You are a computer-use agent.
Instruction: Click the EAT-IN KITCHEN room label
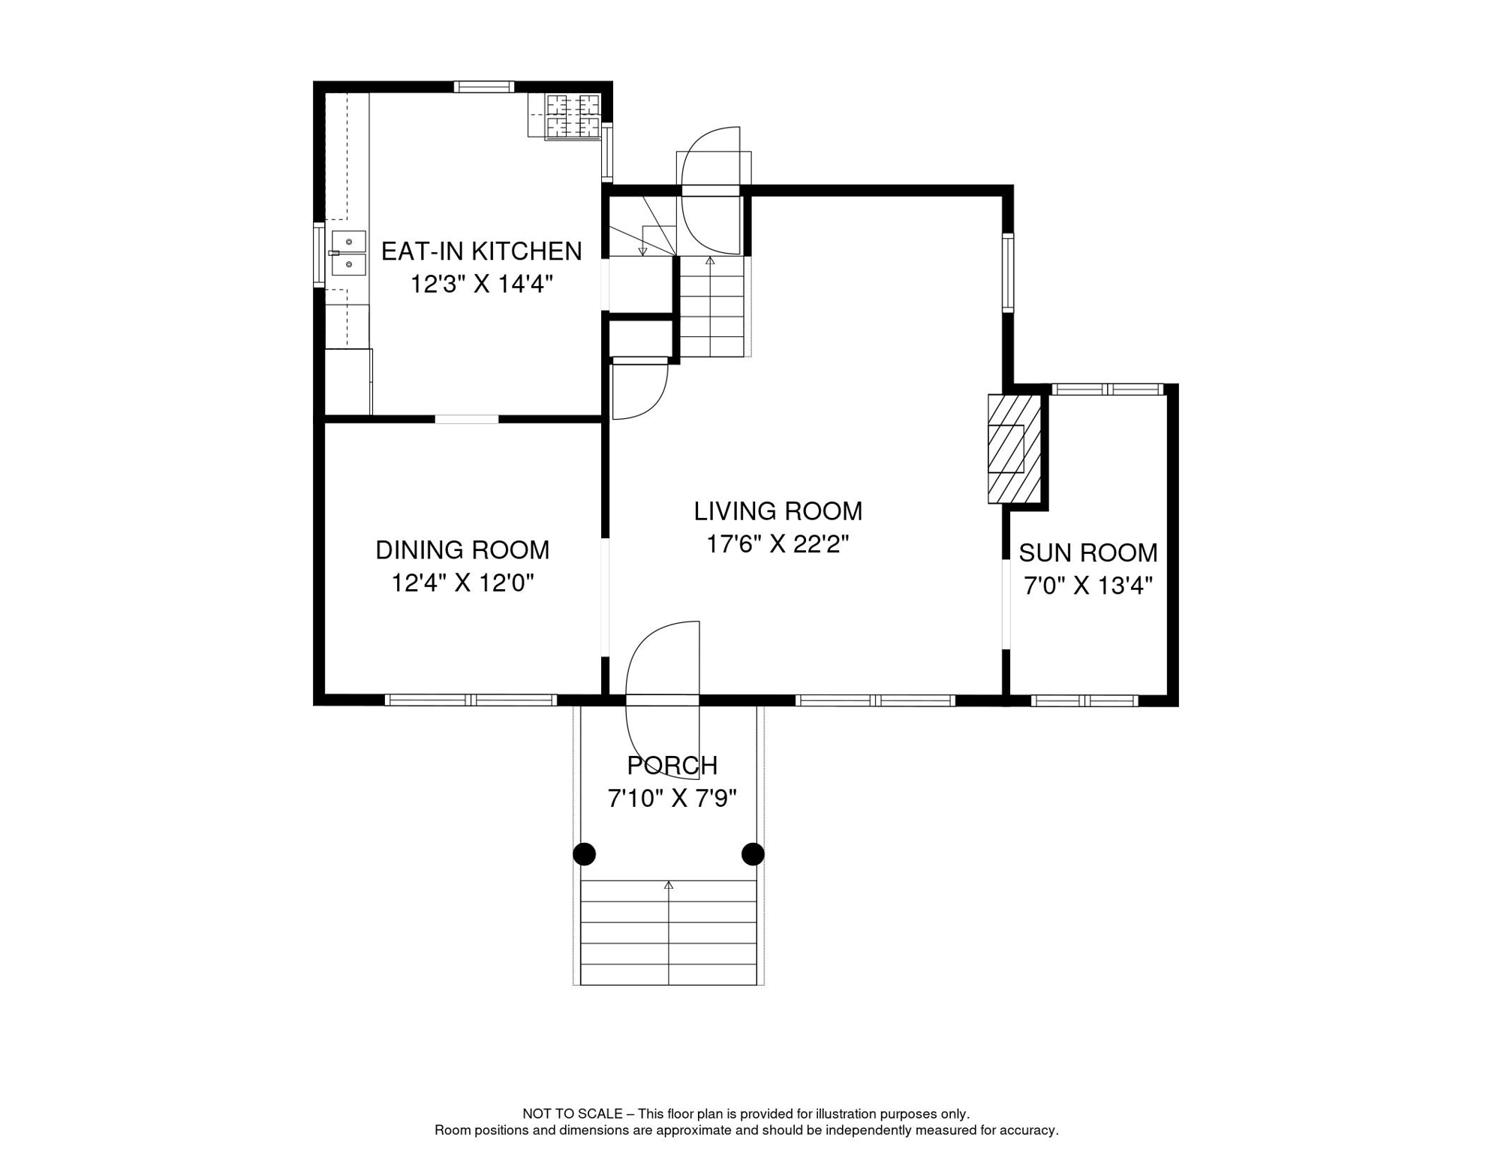coord(481,251)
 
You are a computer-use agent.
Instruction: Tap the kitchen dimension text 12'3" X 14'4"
coord(481,284)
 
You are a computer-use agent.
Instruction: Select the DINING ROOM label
coord(462,550)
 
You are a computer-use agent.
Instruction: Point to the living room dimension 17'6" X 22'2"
coord(778,544)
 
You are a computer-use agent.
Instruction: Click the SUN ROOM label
coord(1087,553)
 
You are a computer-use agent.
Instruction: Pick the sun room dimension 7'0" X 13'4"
coord(1087,586)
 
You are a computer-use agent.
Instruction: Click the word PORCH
coord(672,766)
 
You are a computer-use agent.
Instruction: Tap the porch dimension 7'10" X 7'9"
coord(672,799)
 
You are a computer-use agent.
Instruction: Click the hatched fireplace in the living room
coord(1013,449)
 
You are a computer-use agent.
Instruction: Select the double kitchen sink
coord(348,253)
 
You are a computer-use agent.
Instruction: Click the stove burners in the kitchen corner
coord(573,116)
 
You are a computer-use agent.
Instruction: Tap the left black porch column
coord(585,854)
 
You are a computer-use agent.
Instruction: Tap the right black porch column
coord(753,854)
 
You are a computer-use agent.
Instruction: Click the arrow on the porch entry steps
coord(669,887)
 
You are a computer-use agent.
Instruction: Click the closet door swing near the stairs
coord(639,390)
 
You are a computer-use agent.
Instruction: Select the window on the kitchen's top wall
coord(484,87)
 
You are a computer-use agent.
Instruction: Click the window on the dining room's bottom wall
coord(471,700)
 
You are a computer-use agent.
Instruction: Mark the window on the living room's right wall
coord(1008,272)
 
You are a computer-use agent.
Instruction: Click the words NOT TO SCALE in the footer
coord(572,1114)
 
